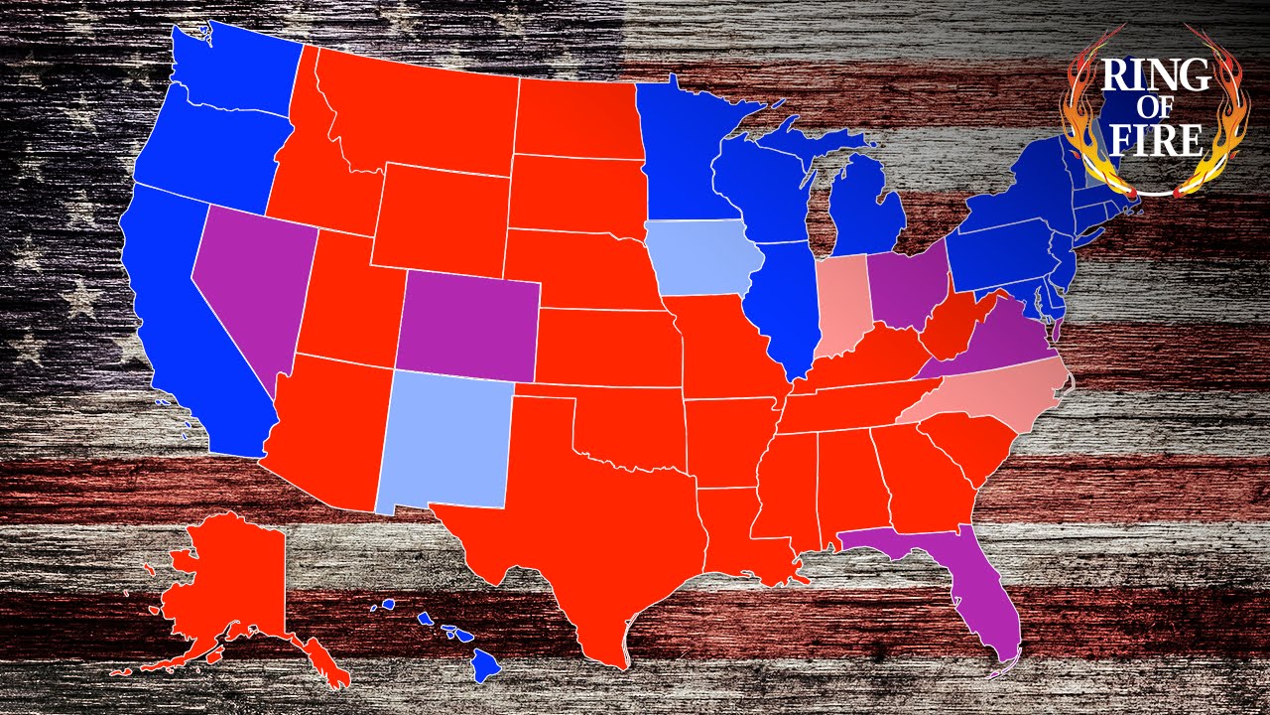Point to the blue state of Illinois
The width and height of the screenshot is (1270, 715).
tap(780, 308)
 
